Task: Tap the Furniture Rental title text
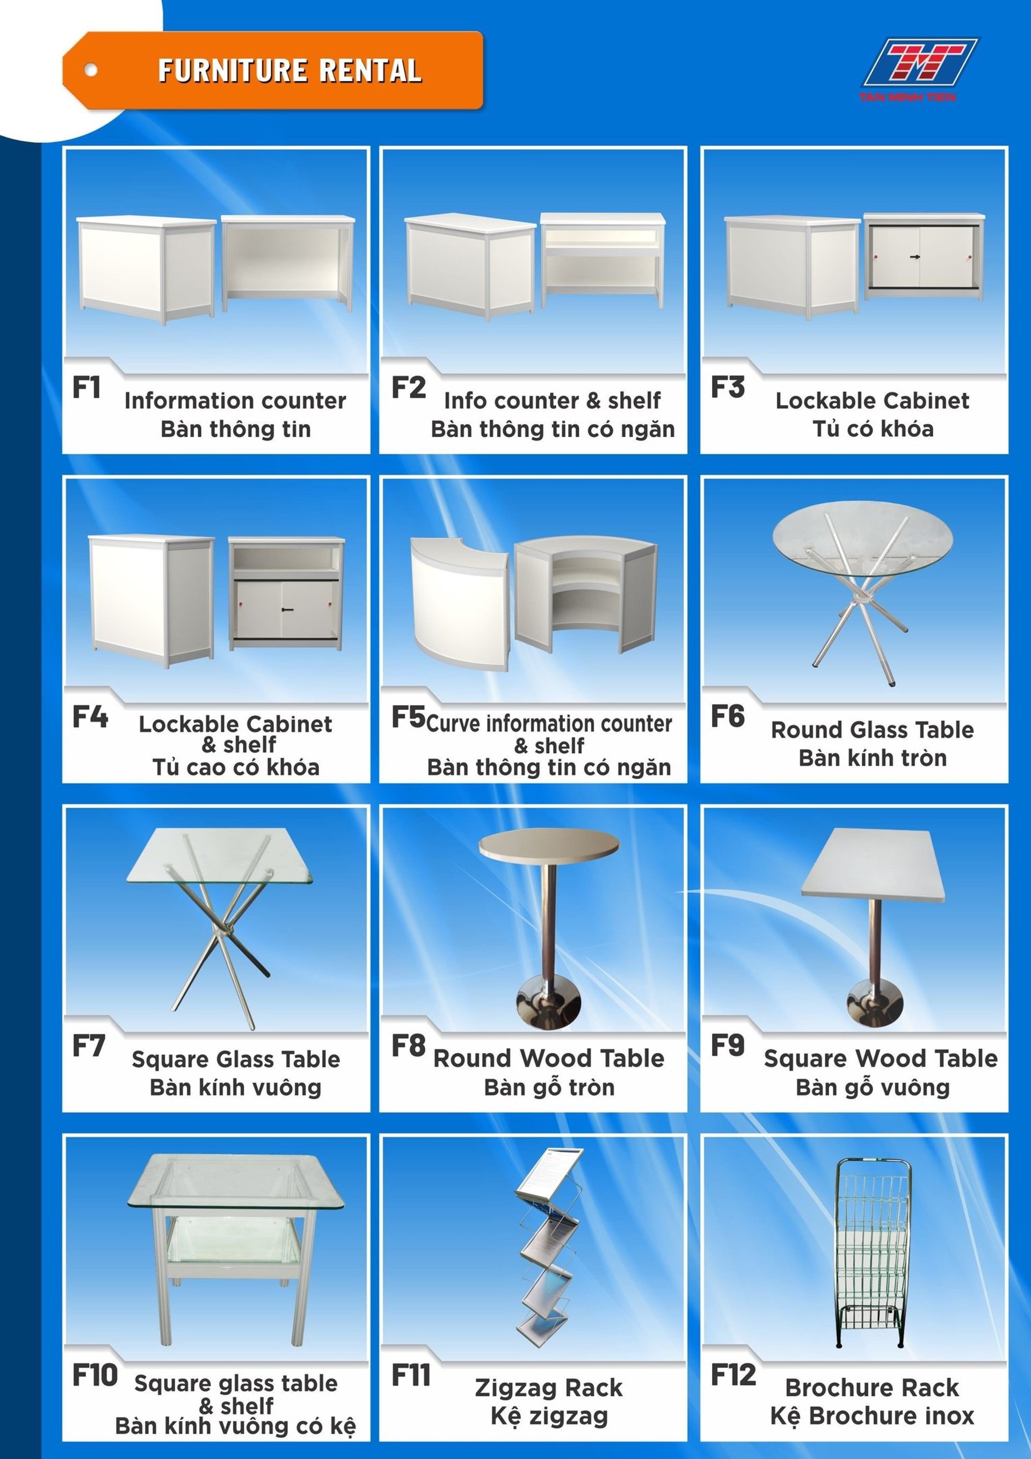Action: tap(290, 70)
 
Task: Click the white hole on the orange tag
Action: tap(91, 70)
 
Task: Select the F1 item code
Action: tap(86, 387)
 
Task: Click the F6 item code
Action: tap(727, 716)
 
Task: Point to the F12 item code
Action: tap(733, 1375)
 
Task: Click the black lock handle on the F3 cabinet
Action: tap(916, 257)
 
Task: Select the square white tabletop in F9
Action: tap(873, 863)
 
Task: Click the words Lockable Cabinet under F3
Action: tap(872, 401)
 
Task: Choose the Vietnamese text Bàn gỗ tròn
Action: tap(549, 1087)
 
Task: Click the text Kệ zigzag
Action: tap(549, 1417)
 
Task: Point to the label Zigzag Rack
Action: tap(549, 1388)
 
